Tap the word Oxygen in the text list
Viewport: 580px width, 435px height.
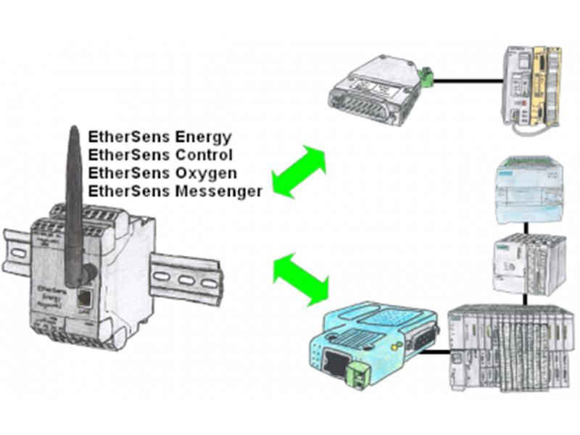pyautogui.click(x=203, y=174)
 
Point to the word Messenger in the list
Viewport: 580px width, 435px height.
pyautogui.click(x=219, y=192)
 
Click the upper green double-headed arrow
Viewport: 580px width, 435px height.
pyautogui.click(x=299, y=171)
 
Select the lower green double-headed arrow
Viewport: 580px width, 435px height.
pyautogui.click(x=300, y=278)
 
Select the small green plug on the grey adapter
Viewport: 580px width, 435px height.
pyautogui.click(x=426, y=75)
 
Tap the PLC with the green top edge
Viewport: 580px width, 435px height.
pyautogui.click(x=528, y=190)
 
